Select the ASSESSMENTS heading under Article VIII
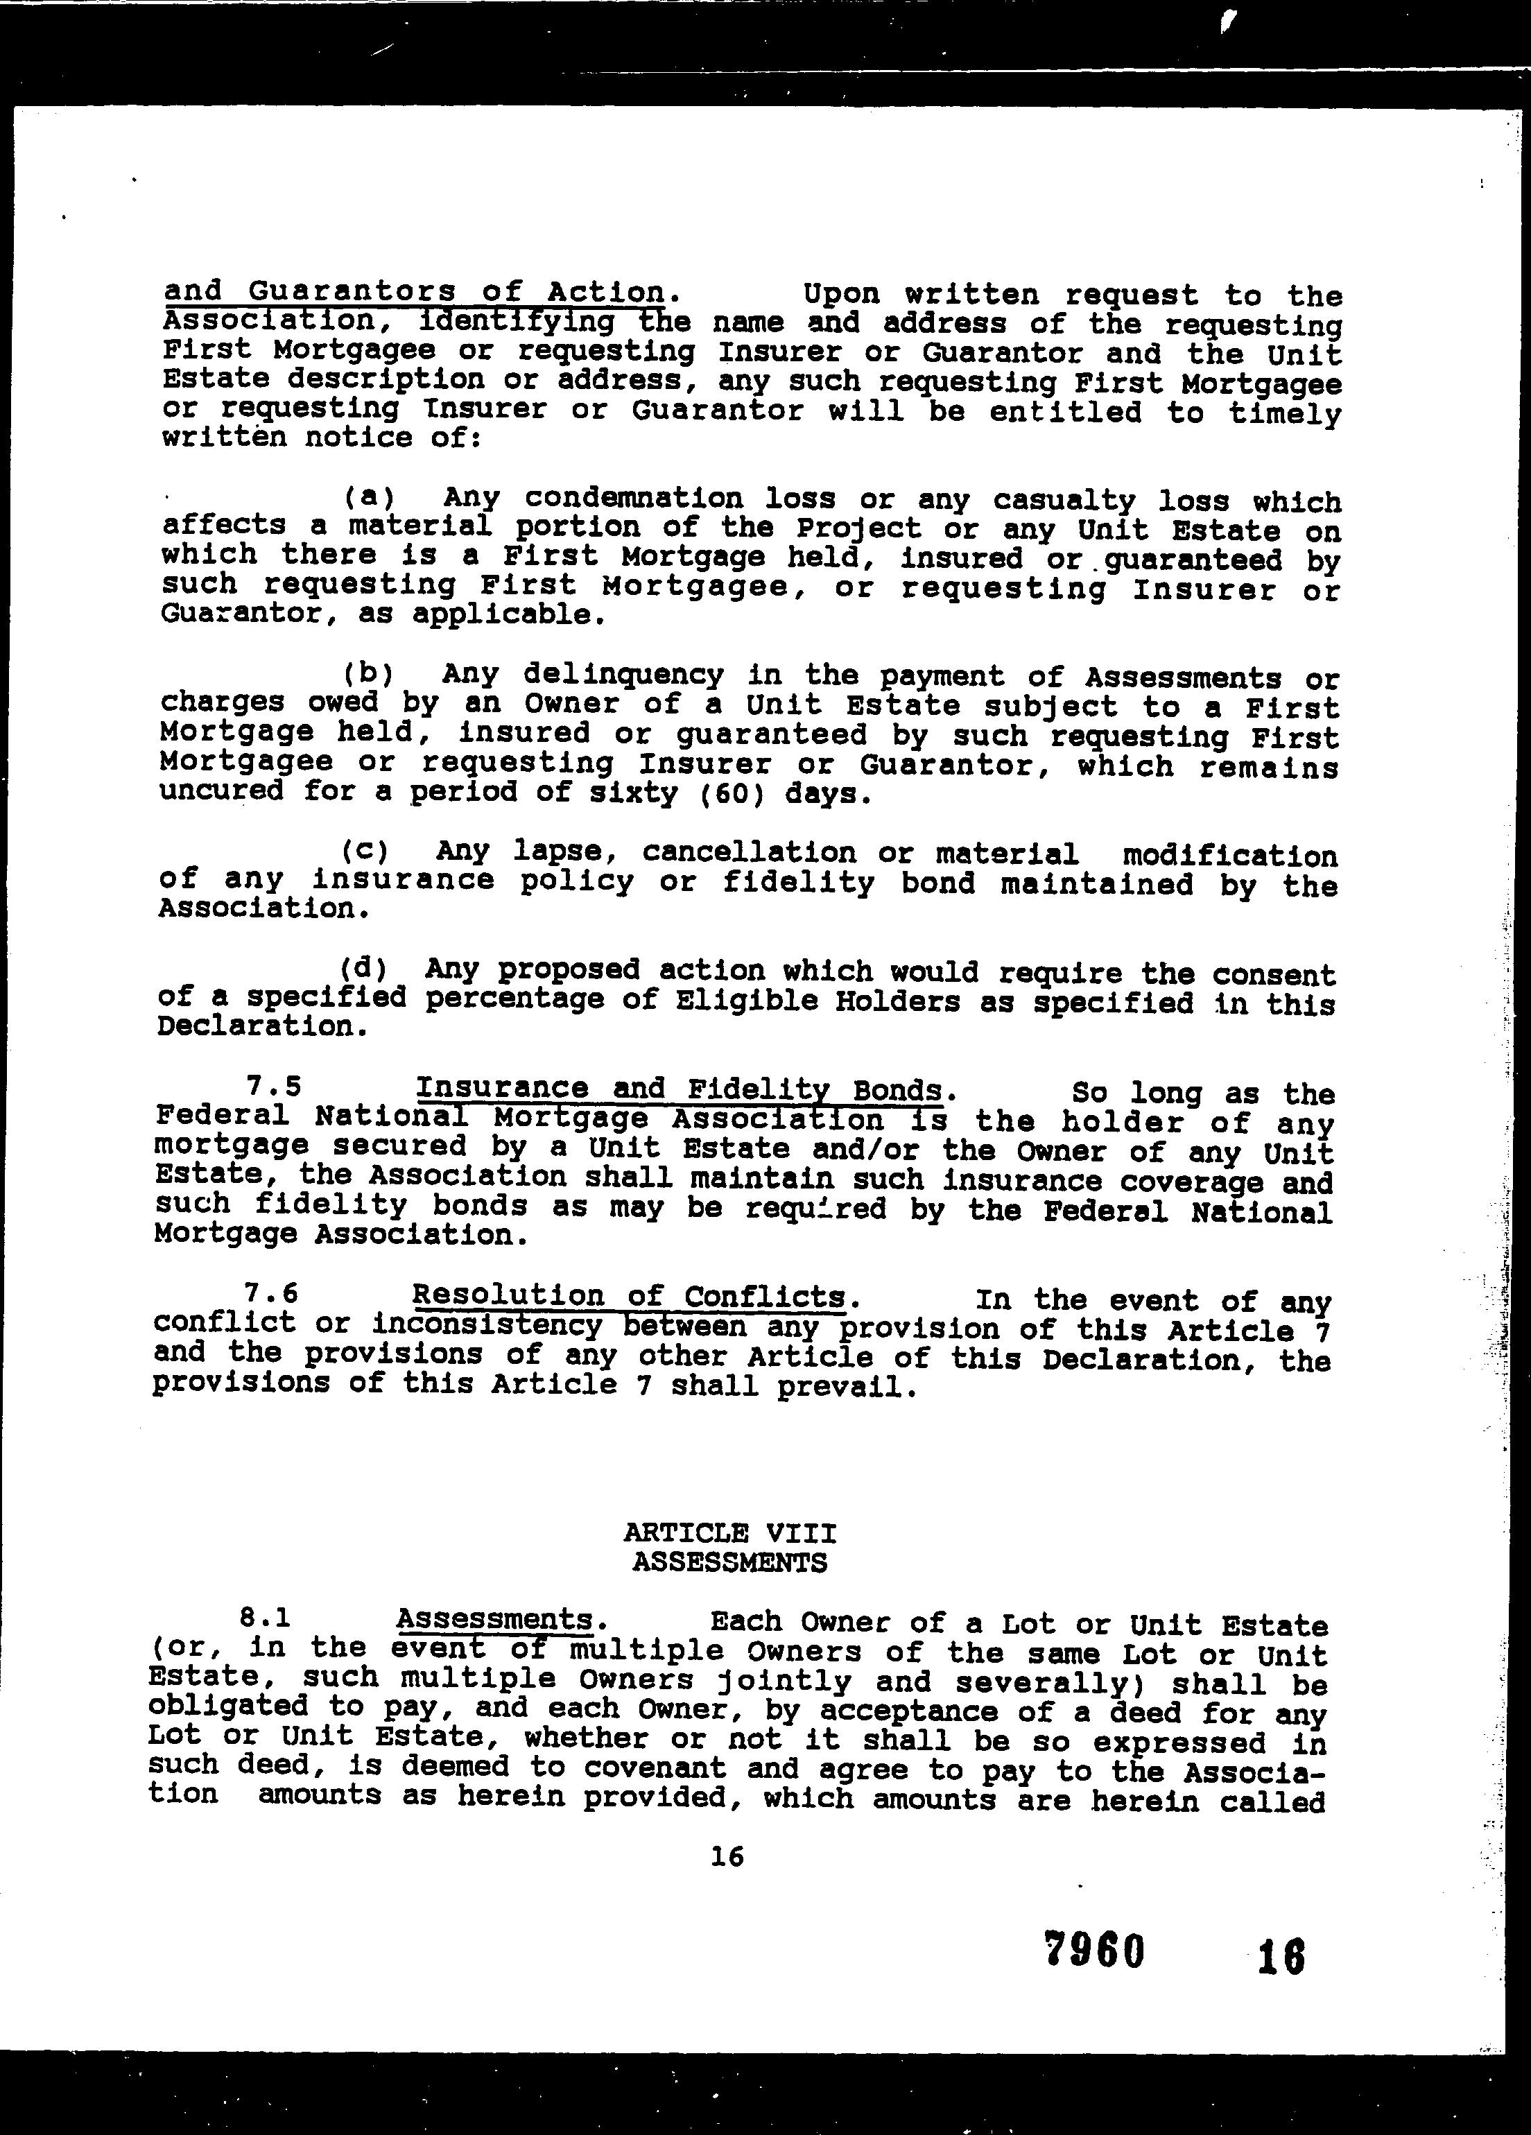[x=729, y=1563]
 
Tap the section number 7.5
[x=273, y=1087]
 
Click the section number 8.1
[x=266, y=1618]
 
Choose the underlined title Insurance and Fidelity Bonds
[x=679, y=1089]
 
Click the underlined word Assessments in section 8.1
[x=494, y=1619]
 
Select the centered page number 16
[x=728, y=1856]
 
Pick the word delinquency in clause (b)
[x=623, y=675]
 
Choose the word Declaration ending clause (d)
[x=256, y=1027]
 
